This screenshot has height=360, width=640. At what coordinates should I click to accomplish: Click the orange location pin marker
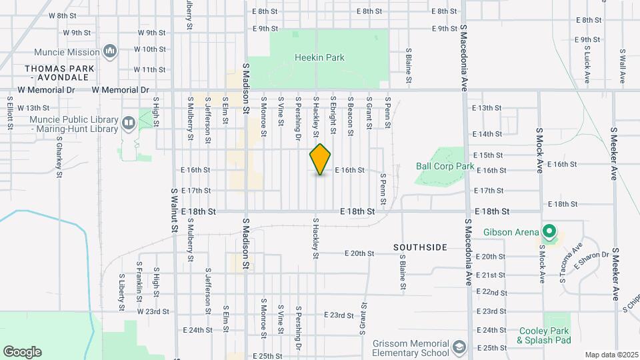tap(320, 159)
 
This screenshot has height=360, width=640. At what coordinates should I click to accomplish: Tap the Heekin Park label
tap(319, 58)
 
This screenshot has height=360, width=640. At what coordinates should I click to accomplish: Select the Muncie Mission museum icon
tap(111, 51)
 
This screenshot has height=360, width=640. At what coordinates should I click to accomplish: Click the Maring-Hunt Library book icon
tap(128, 123)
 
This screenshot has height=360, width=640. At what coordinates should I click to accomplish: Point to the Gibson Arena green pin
tap(549, 232)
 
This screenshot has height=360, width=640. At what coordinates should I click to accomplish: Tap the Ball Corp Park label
tap(445, 166)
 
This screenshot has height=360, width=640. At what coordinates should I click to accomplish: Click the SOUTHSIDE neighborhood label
tap(420, 247)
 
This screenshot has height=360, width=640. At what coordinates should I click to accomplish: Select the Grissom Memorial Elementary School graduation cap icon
tap(459, 347)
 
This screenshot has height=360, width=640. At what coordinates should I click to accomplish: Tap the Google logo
tap(22, 352)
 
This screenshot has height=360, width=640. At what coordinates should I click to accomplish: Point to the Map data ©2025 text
tap(611, 355)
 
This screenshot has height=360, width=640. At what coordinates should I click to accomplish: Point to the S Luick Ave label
tap(587, 66)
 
